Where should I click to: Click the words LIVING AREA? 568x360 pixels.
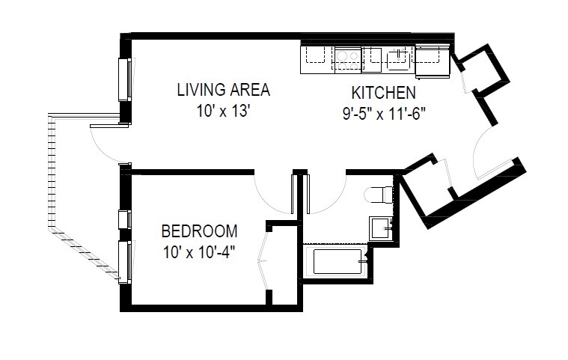pyautogui.click(x=223, y=91)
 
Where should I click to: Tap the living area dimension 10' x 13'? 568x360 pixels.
pyautogui.click(x=223, y=111)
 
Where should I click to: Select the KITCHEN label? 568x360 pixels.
pyautogui.click(x=383, y=94)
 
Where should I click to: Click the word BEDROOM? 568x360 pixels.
pyautogui.click(x=199, y=231)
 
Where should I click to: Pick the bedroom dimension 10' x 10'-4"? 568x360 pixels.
pyautogui.click(x=199, y=251)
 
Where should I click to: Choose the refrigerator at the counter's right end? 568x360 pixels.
pyautogui.click(x=431, y=59)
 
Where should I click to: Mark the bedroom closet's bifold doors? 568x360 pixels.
pyautogui.click(x=262, y=259)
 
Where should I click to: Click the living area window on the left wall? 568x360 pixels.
pyautogui.click(x=125, y=79)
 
